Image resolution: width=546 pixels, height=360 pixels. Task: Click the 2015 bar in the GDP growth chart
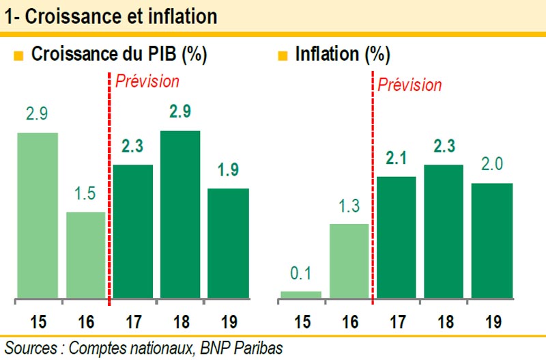point(37,215)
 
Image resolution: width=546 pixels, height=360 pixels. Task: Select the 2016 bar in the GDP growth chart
point(85,255)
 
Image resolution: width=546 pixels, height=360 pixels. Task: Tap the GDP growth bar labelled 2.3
point(132,232)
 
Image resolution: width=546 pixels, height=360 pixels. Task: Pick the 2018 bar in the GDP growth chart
point(180,214)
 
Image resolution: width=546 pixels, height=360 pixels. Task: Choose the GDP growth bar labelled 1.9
point(228,243)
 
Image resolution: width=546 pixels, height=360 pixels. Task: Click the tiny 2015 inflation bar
point(301,294)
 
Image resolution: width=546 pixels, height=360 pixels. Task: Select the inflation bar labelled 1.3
point(348,260)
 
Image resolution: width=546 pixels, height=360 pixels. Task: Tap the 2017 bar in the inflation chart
point(396,237)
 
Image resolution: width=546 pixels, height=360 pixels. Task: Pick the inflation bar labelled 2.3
point(443,231)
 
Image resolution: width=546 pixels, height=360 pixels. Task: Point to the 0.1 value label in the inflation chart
point(301,275)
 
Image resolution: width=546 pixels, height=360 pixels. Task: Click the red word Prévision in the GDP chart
point(147,81)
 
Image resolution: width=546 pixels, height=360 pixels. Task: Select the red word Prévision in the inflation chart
point(410,85)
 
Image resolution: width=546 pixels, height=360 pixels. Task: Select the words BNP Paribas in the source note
point(242,347)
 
